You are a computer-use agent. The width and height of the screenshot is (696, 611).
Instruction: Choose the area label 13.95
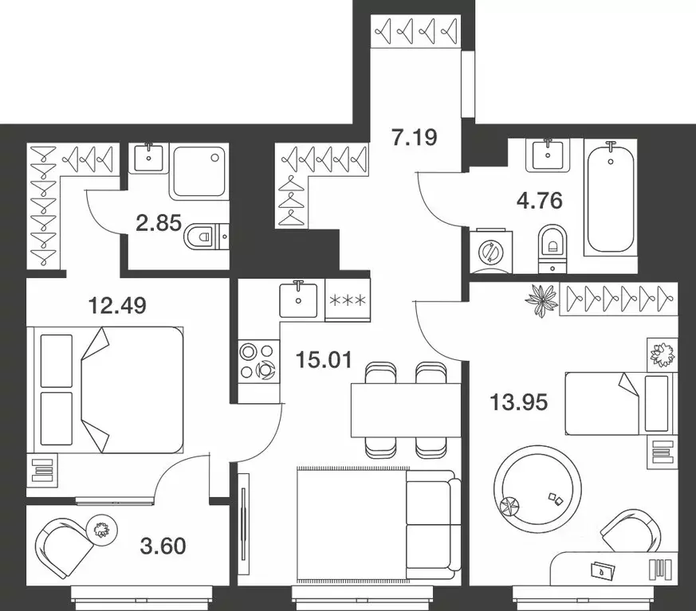point(517,405)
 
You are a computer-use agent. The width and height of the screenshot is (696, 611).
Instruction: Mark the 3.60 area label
point(162,546)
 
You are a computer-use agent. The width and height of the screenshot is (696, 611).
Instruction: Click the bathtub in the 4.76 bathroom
point(611,197)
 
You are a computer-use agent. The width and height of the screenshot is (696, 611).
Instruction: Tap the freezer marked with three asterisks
point(348,301)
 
